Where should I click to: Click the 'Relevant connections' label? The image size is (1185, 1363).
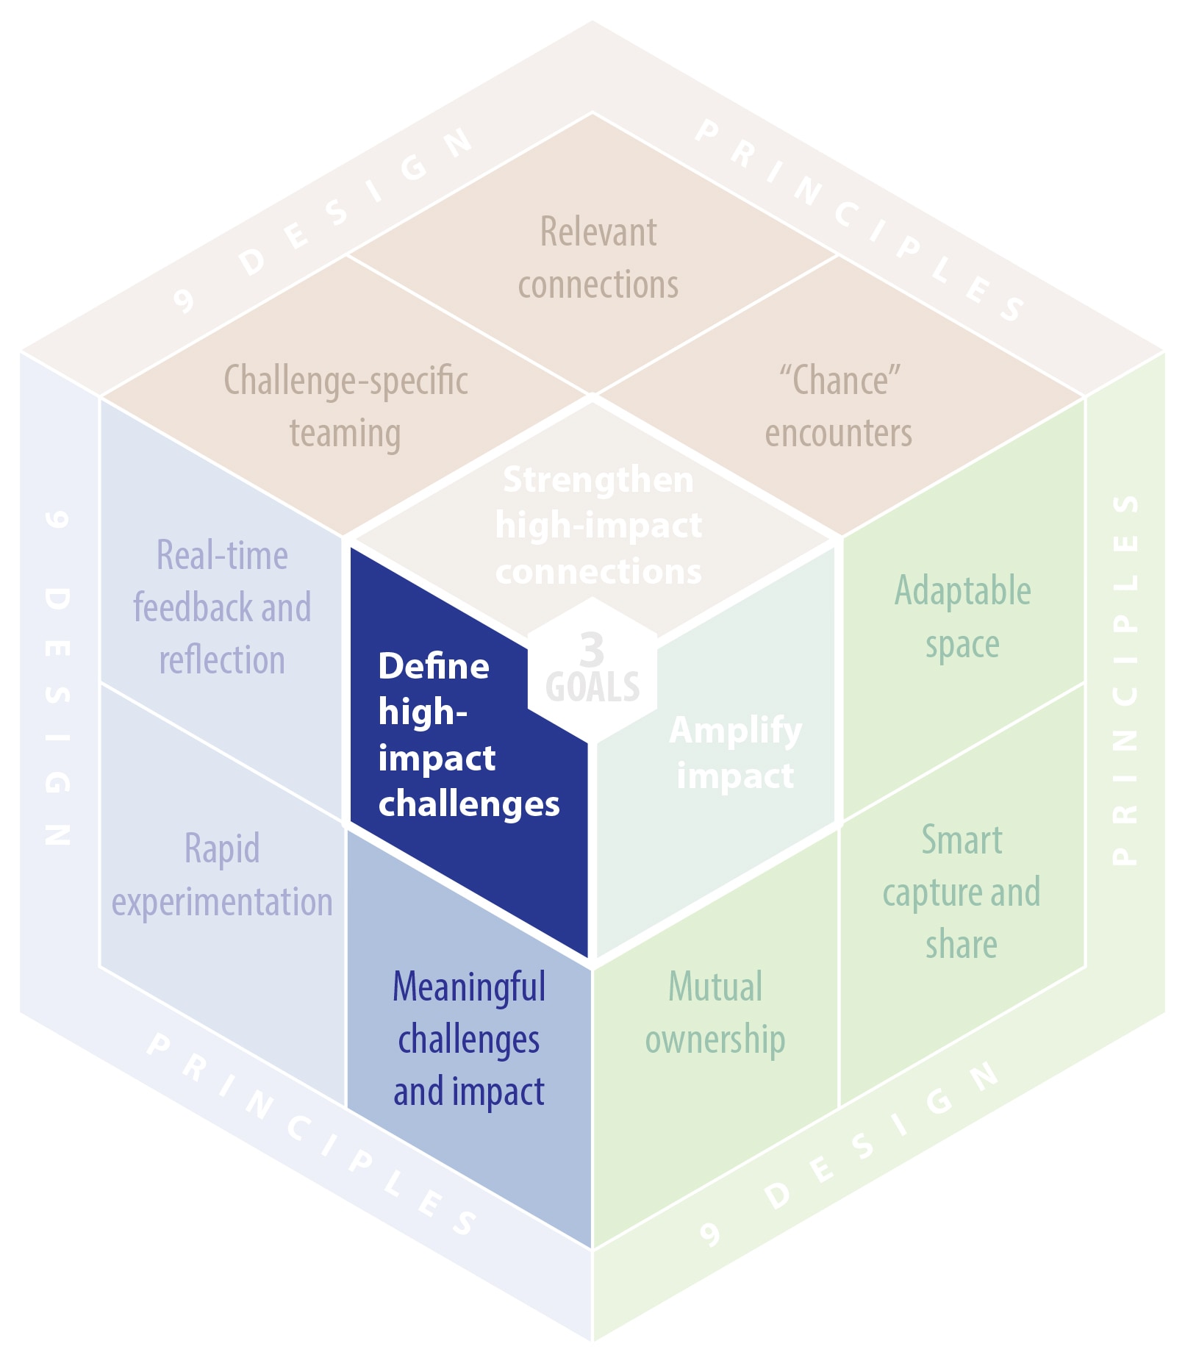coord(598,258)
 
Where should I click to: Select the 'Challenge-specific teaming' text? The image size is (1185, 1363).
coord(346,407)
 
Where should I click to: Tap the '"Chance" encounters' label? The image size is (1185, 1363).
coord(839,407)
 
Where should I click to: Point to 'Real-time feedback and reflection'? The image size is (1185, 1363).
coord(222,607)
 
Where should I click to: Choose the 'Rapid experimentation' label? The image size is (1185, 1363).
coord(222,875)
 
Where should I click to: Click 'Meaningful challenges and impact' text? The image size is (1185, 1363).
coord(469,1039)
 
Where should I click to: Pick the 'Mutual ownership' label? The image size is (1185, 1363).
coord(715,1013)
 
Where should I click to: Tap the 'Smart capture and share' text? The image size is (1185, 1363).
coord(962,892)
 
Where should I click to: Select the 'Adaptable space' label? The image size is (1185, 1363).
coord(962,618)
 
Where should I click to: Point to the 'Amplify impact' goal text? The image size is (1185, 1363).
coord(735,752)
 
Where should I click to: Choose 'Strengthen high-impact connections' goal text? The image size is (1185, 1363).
coord(598,526)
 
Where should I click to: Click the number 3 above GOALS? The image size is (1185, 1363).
coord(592,648)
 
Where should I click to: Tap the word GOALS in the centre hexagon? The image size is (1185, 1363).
coord(592,687)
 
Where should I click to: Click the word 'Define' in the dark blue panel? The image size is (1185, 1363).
coord(434,666)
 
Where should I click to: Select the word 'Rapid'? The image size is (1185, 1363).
coord(222,849)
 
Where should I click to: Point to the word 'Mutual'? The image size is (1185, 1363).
coord(715,987)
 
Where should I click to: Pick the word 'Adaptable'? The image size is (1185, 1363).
coord(962,591)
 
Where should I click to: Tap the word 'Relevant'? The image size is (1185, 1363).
coord(598,232)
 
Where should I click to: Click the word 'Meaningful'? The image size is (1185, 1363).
coord(469,987)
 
